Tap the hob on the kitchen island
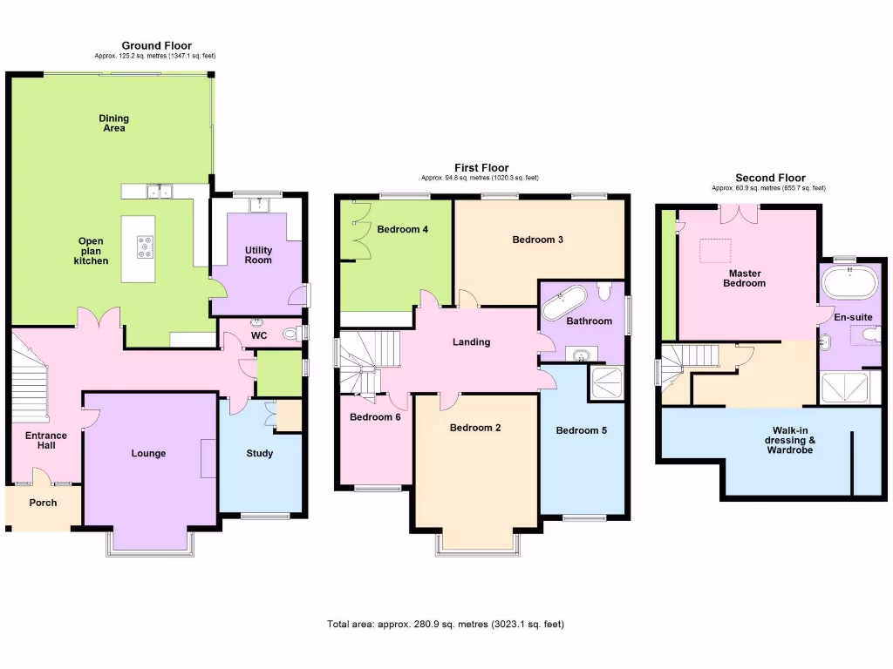click(145, 247)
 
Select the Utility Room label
click(258, 255)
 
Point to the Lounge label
click(148, 453)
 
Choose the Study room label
click(259, 453)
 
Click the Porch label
click(43, 503)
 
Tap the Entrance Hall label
click(45, 441)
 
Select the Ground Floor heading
click(156, 46)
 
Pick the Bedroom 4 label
click(402, 230)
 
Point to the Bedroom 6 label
click(375, 417)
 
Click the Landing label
click(471, 342)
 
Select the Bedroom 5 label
click(582, 430)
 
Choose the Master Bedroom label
click(746, 278)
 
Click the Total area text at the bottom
click(451, 625)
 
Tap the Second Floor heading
click(770, 178)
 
